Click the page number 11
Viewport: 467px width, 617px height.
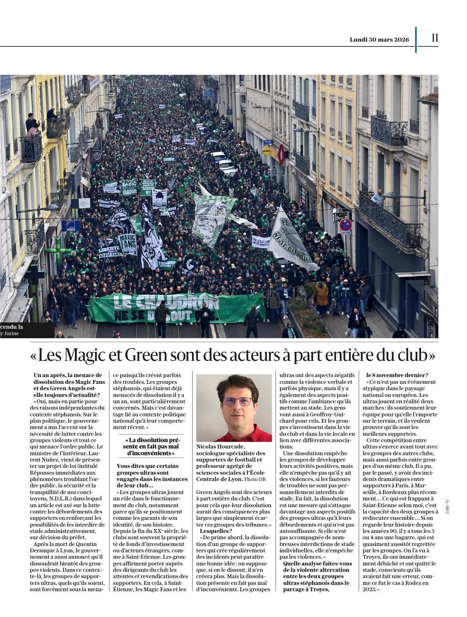(x=435, y=38)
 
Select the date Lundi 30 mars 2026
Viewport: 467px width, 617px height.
(x=379, y=40)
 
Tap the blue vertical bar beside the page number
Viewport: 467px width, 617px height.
(x=416, y=40)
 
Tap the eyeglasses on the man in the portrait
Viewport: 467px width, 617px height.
(x=237, y=402)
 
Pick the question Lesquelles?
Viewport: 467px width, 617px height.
(x=216, y=531)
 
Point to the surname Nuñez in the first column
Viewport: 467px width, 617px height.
(x=41, y=460)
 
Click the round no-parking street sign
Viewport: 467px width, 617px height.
(x=345, y=225)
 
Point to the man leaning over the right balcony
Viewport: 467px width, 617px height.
(x=378, y=197)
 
